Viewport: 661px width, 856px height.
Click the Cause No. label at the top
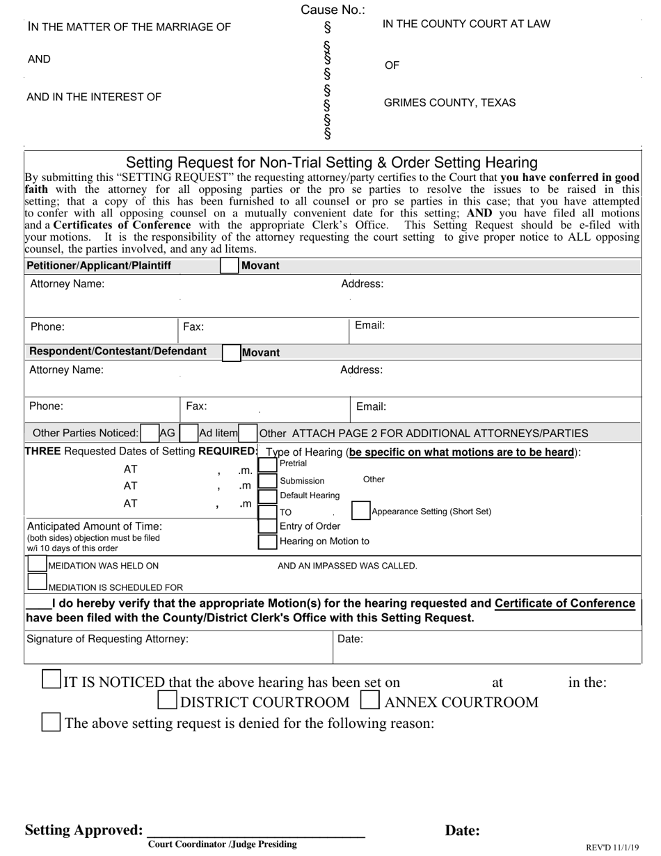(x=332, y=10)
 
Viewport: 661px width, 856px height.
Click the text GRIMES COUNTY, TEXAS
(x=449, y=103)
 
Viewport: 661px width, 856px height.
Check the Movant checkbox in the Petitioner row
(x=229, y=266)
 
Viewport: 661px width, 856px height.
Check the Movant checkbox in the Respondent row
(x=231, y=353)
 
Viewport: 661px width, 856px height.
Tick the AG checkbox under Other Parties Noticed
(x=149, y=433)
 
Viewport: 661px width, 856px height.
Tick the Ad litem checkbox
(x=189, y=433)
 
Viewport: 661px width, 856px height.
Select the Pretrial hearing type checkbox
(x=267, y=463)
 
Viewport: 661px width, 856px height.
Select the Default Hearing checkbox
(x=267, y=496)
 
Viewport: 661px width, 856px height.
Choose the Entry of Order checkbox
(x=267, y=527)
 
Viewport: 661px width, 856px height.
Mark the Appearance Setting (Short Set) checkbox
(x=360, y=511)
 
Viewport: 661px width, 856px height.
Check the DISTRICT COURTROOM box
(x=167, y=700)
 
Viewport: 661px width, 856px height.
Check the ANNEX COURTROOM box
(x=370, y=700)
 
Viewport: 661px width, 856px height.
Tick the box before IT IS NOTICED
(x=51, y=679)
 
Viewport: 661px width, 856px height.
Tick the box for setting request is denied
(x=51, y=722)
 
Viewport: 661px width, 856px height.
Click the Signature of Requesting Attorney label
(x=107, y=639)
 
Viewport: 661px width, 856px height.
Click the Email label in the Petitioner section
(x=369, y=325)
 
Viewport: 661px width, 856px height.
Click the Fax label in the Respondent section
(x=196, y=406)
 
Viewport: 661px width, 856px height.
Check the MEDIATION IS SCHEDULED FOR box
(x=38, y=582)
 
